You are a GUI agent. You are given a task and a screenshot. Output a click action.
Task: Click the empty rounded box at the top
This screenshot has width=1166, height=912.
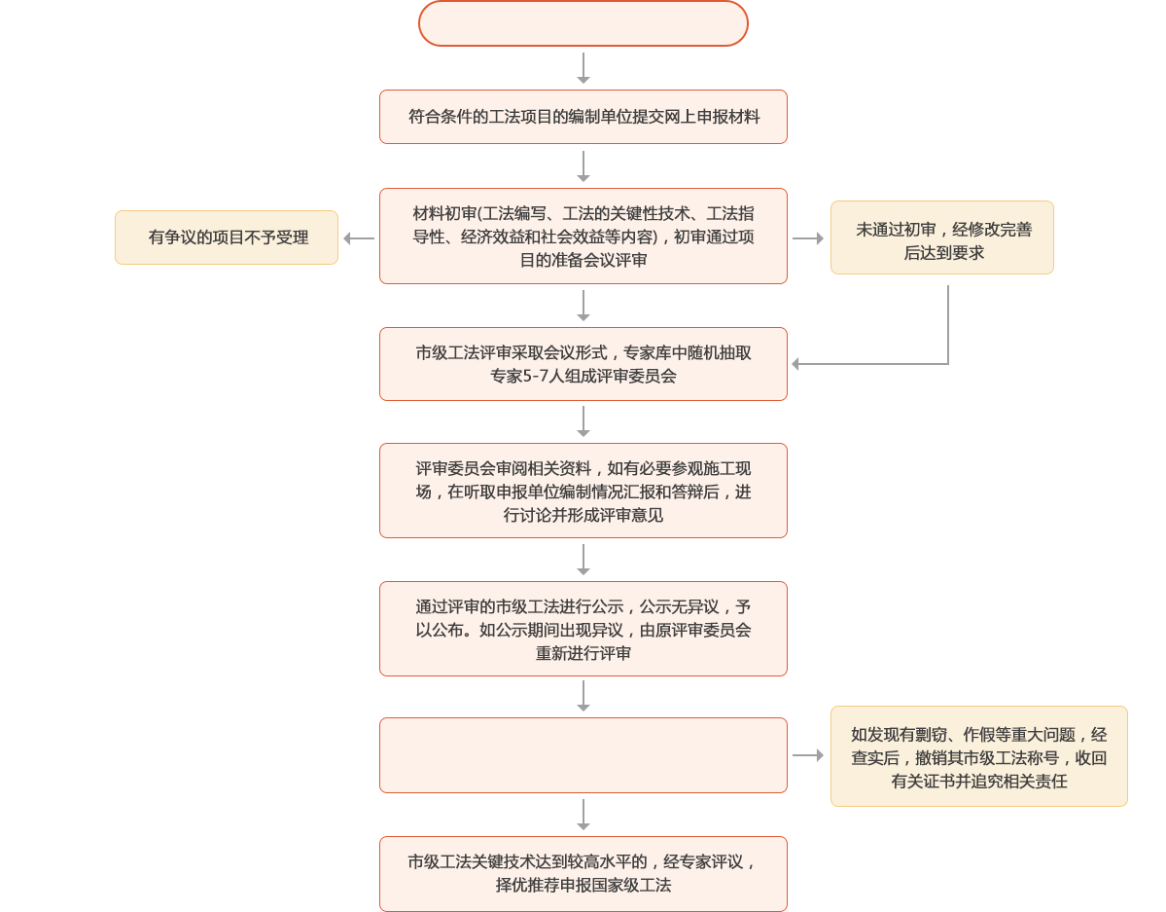pyautogui.click(x=583, y=23)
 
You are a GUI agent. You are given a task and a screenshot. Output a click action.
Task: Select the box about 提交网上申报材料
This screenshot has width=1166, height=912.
pyautogui.click(x=583, y=117)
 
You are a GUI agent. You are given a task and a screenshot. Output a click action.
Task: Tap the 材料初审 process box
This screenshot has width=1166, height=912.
pyautogui.click(x=583, y=236)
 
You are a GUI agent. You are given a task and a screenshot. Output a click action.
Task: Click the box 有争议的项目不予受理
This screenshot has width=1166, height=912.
pyautogui.click(x=227, y=237)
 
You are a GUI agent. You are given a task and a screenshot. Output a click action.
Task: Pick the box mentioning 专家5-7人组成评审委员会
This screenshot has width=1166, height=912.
pyautogui.click(x=583, y=364)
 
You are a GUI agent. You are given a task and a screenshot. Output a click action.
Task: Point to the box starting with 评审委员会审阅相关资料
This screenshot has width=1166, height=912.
pyautogui.click(x=583, y=491)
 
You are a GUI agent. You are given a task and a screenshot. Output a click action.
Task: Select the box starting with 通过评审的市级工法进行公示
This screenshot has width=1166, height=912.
pyautogui.click(x=583, y=629)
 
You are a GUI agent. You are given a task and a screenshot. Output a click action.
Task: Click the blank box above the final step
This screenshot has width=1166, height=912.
pyautogui.click(x=583, y=755)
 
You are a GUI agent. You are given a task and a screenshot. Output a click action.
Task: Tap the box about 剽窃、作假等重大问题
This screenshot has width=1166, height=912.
pyautogui.click(x=978, y=756)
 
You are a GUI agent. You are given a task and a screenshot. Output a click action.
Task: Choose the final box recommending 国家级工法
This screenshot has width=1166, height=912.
pyautogui.click(x=583, y=874)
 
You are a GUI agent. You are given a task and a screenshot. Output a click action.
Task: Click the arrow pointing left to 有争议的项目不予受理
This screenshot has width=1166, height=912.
pyautogui.click(x=359, y=237)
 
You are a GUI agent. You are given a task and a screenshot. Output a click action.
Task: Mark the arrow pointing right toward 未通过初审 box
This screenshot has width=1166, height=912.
pyautogui.click(x=808, y=237)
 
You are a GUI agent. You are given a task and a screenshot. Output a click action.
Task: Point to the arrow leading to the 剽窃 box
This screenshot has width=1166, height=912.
pyautogui.click(x=808, y=755)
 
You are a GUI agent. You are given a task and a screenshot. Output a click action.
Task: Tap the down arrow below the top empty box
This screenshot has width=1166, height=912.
pyautogui.click(x=583, y=68)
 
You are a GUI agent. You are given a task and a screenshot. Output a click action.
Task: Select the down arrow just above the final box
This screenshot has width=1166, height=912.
pyautogui.click(x=583, y=816)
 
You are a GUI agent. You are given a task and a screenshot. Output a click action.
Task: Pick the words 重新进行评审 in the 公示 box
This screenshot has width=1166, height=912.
pyautogui.click(x=583, y=652)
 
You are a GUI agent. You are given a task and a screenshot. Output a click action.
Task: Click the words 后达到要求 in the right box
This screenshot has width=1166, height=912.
pyautogui.click(x=941, y=253)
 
